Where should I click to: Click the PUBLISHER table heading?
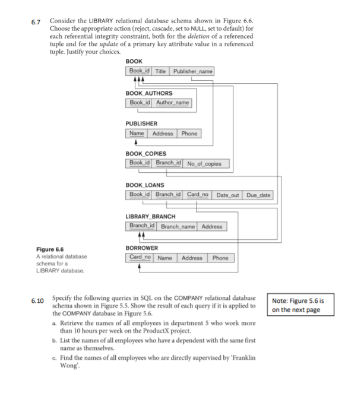click(x=141, y=123)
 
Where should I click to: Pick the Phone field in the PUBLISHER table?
click(x=189, y=134)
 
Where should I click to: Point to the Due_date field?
click(x=258, y=195)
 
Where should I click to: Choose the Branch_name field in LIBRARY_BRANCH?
click(x=178, y=226)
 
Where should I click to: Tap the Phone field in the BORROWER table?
click(x=220, y=258)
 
